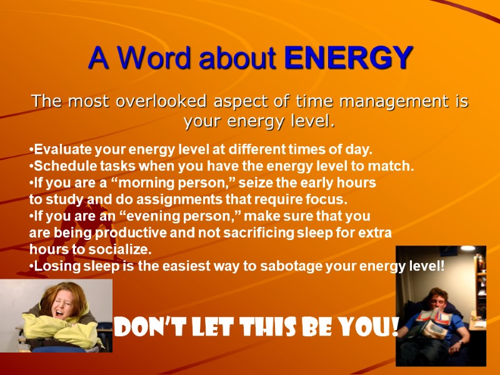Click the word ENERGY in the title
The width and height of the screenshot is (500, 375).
pyautogui.click(x=348, y=58)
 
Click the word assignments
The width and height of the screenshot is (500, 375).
pyautogui.click(x=160, y=200)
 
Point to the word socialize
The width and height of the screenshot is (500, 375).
pyautogui.click(x=121, y=249)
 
